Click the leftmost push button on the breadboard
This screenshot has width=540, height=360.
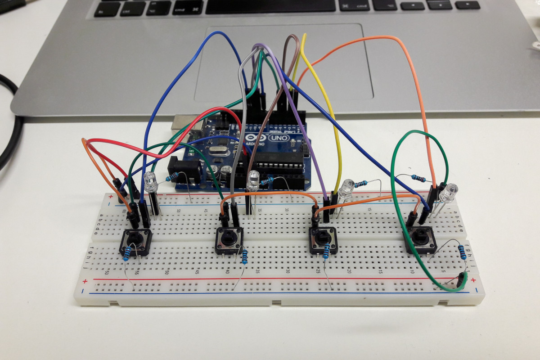click(135, 242)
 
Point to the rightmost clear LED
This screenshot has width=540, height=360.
click(448, 193)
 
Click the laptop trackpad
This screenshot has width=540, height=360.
click(283, 63)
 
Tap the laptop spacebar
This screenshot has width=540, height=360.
click(270, 5)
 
